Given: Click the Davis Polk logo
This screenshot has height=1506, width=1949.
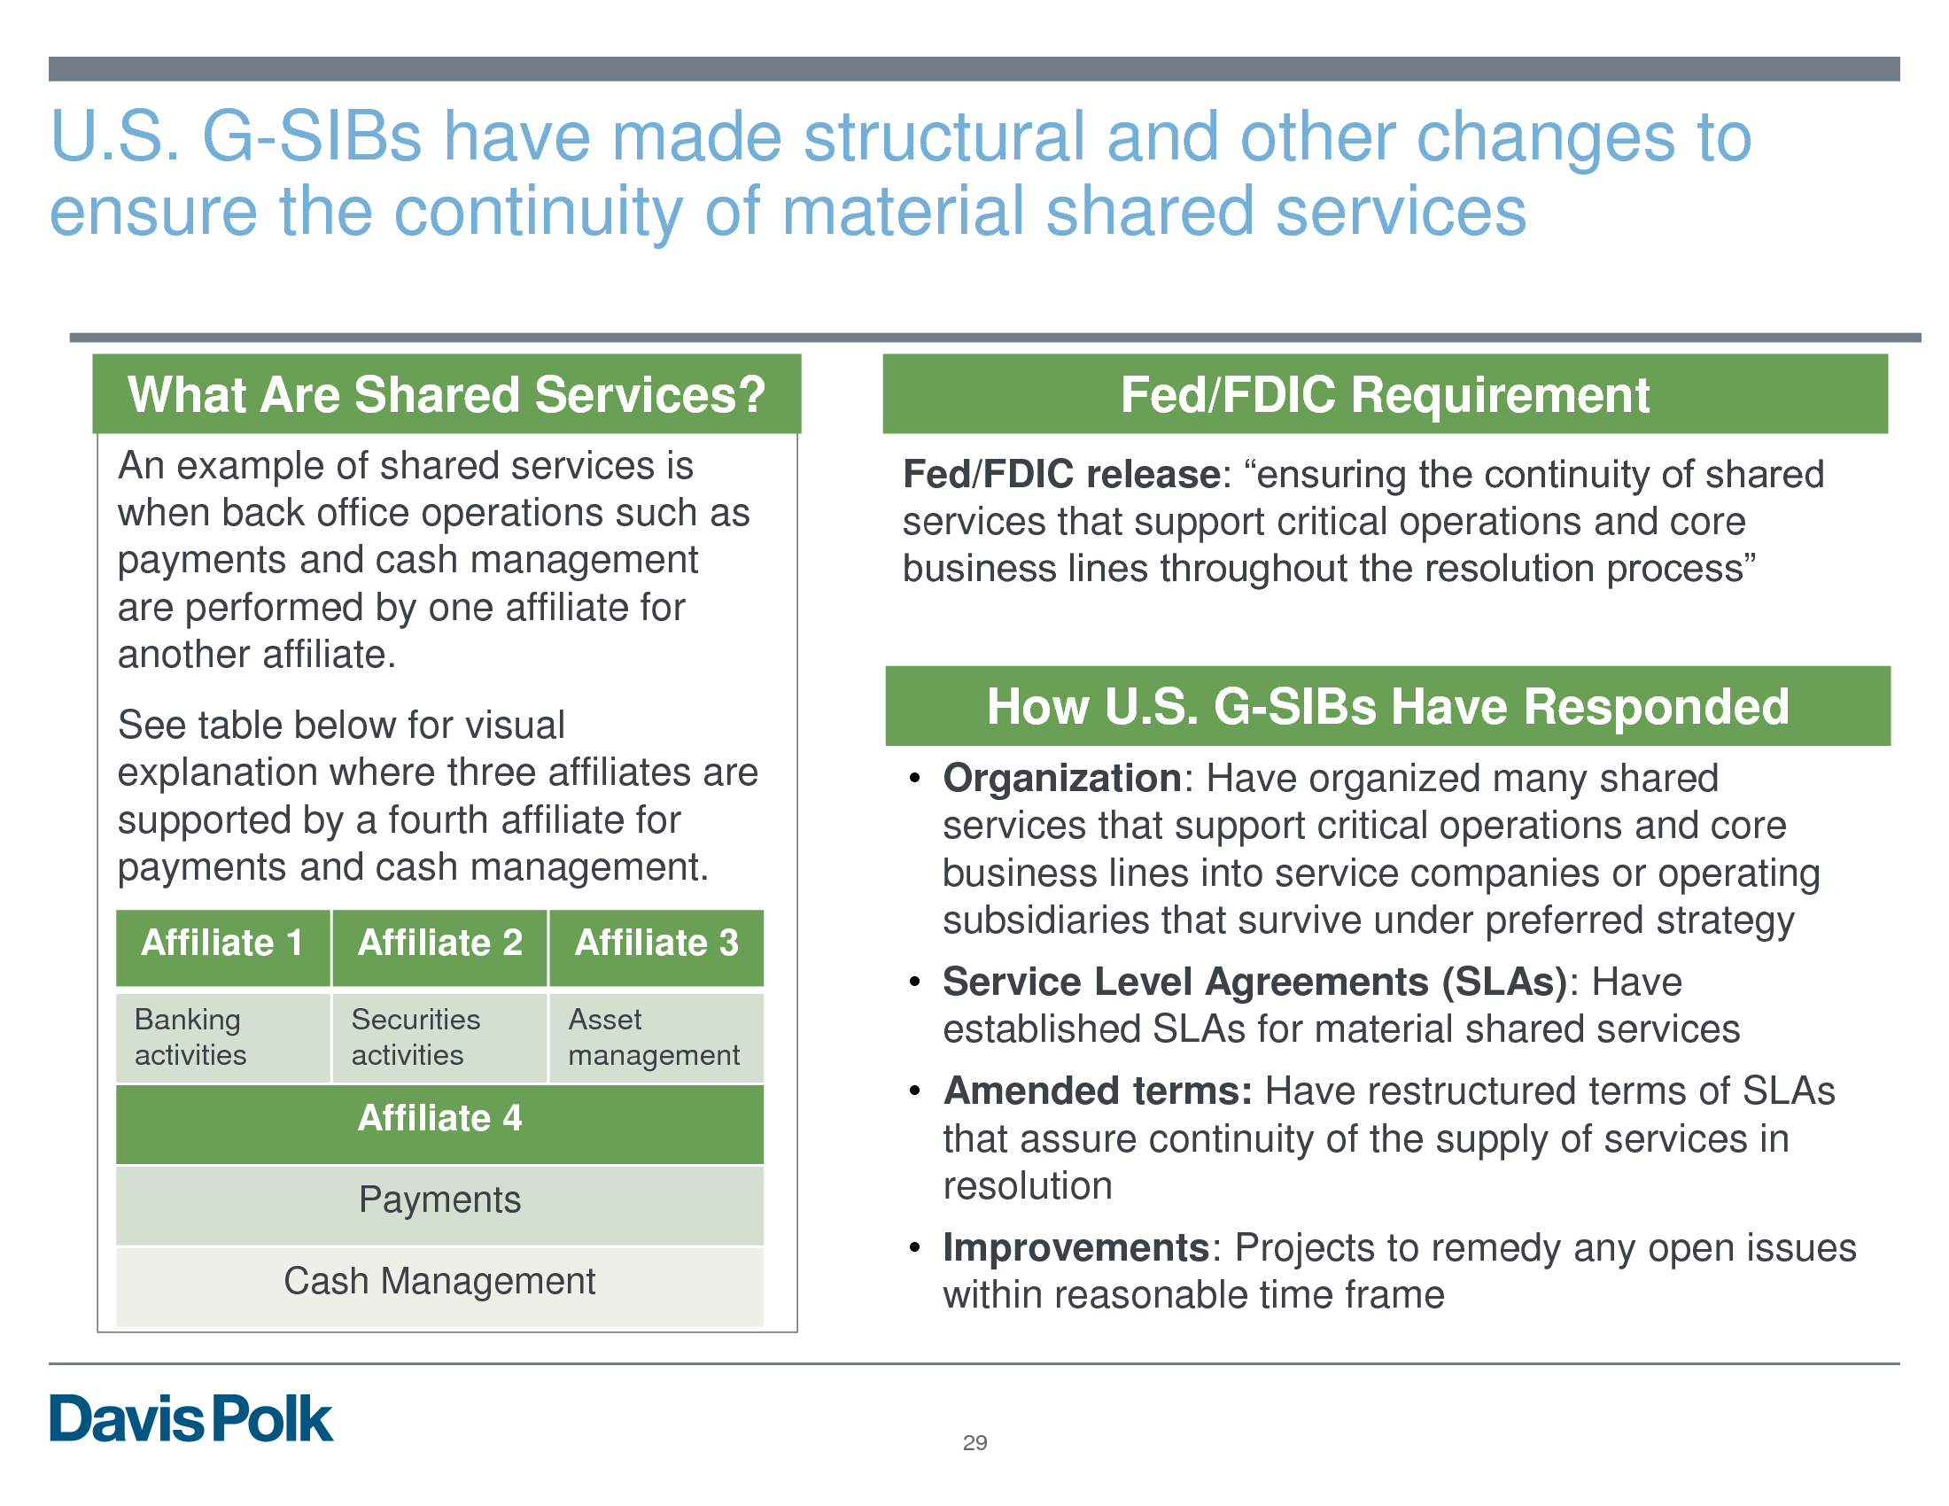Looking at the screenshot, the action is [x=191, y=1418].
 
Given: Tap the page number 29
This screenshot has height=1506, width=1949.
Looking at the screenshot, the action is [x=974, y=1442].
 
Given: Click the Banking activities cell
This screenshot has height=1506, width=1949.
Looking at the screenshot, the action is [x=223, y=1037].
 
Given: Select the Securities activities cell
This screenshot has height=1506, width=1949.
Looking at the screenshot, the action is [x=440, y=1037].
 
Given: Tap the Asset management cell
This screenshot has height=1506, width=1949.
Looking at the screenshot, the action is [x=656, y=1037].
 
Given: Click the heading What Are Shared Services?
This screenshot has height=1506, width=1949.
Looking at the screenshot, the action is [x=447, y=394].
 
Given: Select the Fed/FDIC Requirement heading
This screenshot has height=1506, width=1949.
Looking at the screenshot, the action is [x=1385, y=394].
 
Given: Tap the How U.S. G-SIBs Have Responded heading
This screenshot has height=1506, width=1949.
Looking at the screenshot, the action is [x=1387, y=707].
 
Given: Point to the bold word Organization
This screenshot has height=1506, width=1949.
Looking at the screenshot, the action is [x=1063, y=779].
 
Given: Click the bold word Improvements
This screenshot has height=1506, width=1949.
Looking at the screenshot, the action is [x=1076, y=1248].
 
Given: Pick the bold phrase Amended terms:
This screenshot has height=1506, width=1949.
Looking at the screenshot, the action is [x=1098, y=1091].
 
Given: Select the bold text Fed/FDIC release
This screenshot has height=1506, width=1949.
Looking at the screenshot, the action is [x=1062, y=475].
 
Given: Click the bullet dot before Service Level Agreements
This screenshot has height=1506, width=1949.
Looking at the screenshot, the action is [x=914, y=982].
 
